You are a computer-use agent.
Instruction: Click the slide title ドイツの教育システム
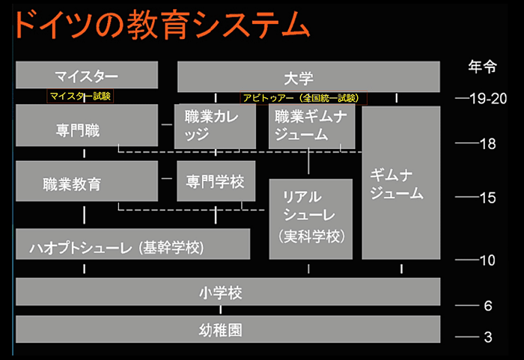(161, 26)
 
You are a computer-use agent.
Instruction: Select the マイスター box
(87, 76)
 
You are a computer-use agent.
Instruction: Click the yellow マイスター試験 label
(80, 96)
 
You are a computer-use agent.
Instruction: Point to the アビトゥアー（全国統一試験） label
(299, 97)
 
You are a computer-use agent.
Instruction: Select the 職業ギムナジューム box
(311, 126)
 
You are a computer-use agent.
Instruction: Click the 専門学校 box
(216, 180)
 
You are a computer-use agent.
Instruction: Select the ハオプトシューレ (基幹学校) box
(132, 245)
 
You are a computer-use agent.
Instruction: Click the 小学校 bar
(227, 292)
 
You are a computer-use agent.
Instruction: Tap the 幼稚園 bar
(227, 329)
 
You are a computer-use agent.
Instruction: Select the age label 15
(488, 198)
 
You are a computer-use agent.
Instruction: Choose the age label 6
(487, 306)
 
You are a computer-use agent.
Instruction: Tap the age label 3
(487, 338)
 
